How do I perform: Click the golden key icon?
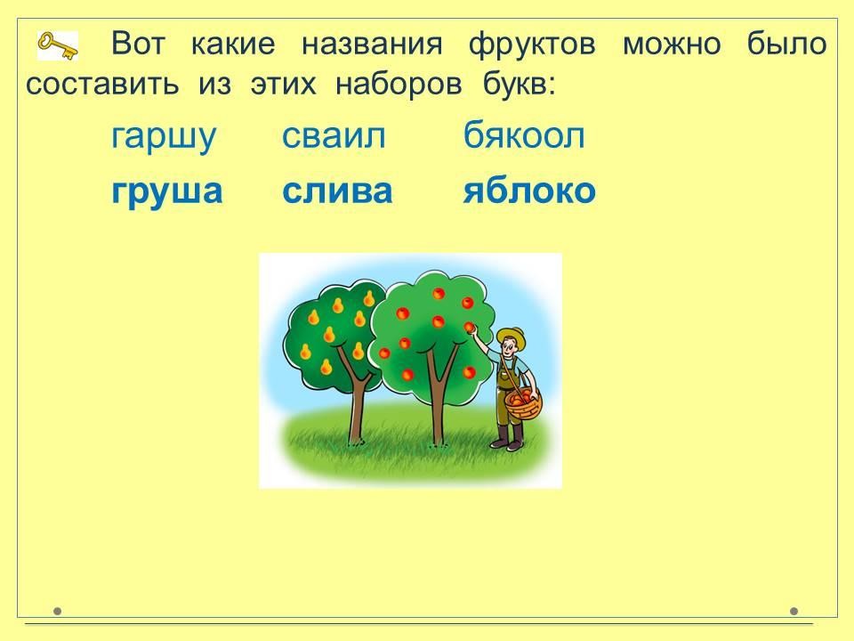pyautogui.click(x=57, y=45)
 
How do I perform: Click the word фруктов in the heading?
pyautogui.click(x=532, y=44)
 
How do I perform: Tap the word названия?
pyautogui.click(x=372, y=45)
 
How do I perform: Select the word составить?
pyautogui.click(x=102, y=85)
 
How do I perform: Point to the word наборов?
pyautogui.click(x=399, y=85)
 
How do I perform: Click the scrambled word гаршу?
pyautogui.click(x=164, y=137)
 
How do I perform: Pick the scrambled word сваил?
pyautogui.click(x=334, y=136)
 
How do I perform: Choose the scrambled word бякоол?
pyautogui.click(x=524, y=135)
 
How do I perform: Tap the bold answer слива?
pyautogui.click(x=337, y=191)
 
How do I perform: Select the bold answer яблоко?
pyautogui.click(x=529, y=191)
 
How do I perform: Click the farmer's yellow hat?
pyautogui.click(x=512, y=337)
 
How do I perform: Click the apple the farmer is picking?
pyautogui.click(x=470, y=327)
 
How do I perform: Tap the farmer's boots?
pyautogui.click(x=509, y=437)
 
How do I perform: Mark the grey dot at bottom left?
pyautogui.click(x=57, y=611)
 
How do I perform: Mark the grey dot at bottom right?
pyautogui.click(x=794, y=611)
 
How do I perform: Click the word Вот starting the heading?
pyautogui.click(x=138, y=44)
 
